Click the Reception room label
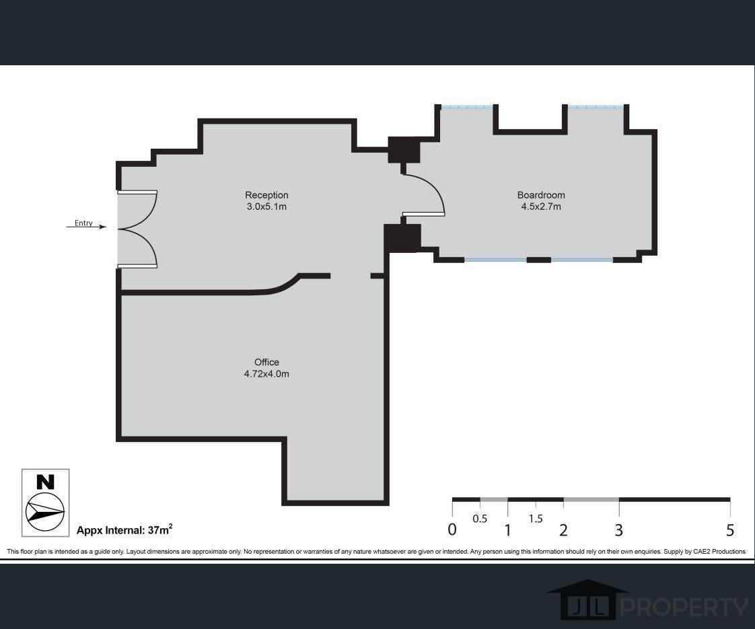266,196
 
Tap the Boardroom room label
540,196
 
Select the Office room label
266,363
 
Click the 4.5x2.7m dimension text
540,207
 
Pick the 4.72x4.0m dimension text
266,374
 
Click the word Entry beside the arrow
83,223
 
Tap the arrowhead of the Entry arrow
103,227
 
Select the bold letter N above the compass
45,482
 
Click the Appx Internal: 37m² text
124,530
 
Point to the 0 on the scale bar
452,530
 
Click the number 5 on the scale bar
730,530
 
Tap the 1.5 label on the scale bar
536,519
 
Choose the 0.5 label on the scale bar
480,519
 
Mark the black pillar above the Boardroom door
404,150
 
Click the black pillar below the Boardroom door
402,238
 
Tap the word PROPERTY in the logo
683,607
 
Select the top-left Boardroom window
467,107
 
